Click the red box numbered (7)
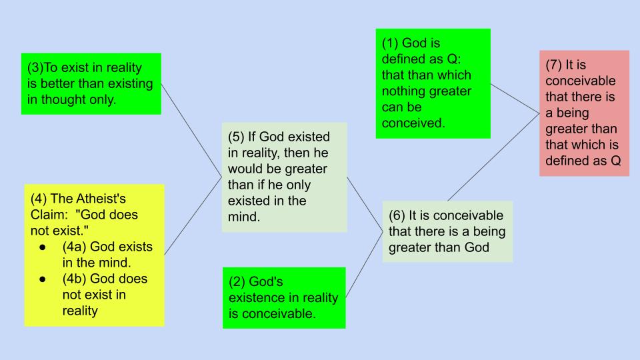[x=584, y=113]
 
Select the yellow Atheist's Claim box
[x=94, y=255]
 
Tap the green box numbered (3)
[x=91, y=84]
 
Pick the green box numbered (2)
[x=284, y=297]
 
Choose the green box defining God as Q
[x=433, y=83]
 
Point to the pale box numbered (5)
[x=285, y=177]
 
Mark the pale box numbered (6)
[x=447, y=231]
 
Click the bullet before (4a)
[x=43, y=247]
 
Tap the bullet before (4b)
[x=43, y=279]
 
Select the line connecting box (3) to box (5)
[x=191, y=130]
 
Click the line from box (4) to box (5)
[x=193, y=216]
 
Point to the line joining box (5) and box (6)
[x=365, y=205]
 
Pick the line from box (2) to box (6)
[x=364, y=265]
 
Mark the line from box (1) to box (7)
[x=515, y=99]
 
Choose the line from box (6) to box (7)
[x=493, y=157]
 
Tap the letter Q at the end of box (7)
[x=615, y=161]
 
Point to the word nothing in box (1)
[x=403, y=91]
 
